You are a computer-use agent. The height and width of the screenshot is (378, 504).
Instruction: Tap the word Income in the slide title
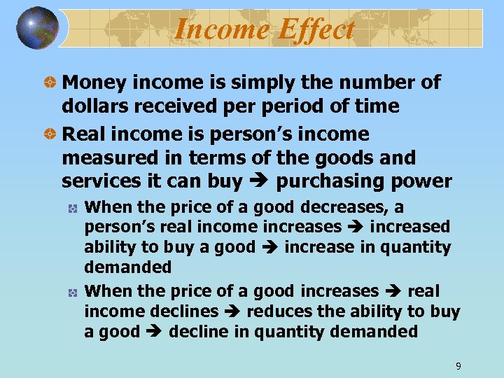click(x=219, y=29)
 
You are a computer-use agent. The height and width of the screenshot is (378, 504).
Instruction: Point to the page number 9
click(x=458, y=366)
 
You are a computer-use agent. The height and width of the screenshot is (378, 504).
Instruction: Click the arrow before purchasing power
click(x=260, y=182)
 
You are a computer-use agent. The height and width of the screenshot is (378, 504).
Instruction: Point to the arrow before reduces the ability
click(x=234, y=311)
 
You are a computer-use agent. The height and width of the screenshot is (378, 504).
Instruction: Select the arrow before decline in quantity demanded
click(x=155, y=332)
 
